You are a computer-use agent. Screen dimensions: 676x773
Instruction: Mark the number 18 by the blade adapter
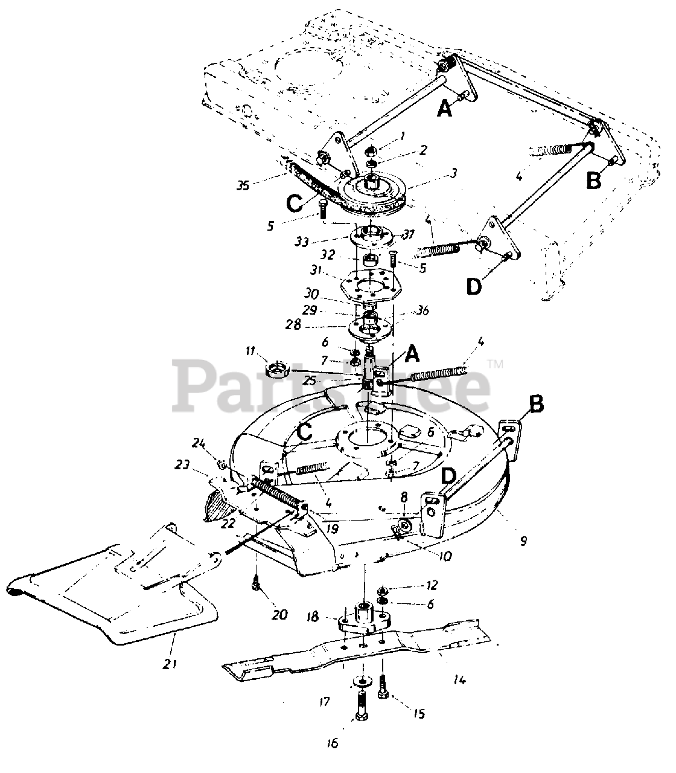click(313, 617)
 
